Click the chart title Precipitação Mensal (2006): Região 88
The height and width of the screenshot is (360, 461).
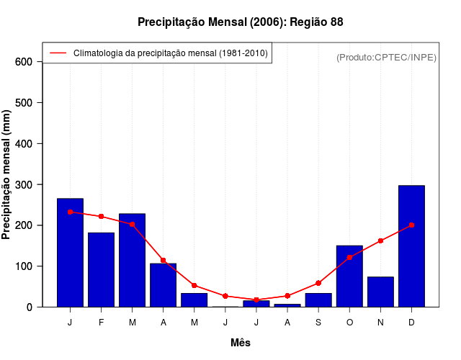(240, 22)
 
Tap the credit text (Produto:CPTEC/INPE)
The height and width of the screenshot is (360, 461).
(386, 57)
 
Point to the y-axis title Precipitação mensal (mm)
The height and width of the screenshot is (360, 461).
(7, 175)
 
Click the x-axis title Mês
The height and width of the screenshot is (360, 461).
(241, 343)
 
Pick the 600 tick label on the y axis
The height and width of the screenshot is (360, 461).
(24, 62)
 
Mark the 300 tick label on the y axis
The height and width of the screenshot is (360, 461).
(24, 184)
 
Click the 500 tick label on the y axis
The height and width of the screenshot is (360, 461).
(24, 103)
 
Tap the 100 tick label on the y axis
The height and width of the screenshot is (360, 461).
(24, 266)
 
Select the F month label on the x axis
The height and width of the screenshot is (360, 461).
(101, 323)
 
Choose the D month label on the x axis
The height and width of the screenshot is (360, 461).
(411, 323)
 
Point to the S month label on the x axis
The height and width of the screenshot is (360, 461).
(318, 323)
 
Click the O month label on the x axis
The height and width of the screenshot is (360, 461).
(349, 323)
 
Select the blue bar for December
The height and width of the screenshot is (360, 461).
(411, 246)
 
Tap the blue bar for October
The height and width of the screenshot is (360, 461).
(349, 276)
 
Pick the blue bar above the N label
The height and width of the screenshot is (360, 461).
(380, 292)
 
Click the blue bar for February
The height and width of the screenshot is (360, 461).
(101, 270)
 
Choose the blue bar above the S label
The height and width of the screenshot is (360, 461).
(318, 300)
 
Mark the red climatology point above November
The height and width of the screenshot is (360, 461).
(380, 240)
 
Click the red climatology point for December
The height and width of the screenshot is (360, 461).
(411, 225)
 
